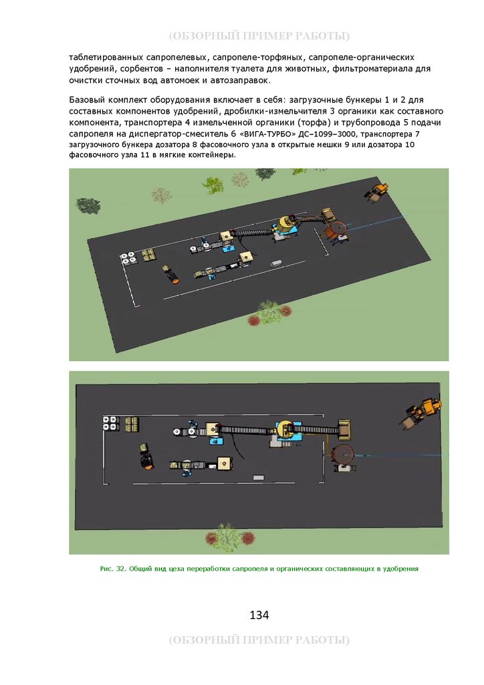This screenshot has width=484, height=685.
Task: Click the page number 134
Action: (259, 615)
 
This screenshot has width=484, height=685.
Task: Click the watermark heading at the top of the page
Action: (259, 36)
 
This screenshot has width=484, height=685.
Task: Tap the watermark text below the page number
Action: (259, 640)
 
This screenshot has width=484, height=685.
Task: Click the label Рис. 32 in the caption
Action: (112, 569)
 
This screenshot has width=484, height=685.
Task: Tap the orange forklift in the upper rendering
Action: (170, 274)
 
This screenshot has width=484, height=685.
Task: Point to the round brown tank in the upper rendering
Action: (336, 229)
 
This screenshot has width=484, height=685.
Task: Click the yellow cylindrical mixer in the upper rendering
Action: (286, 223)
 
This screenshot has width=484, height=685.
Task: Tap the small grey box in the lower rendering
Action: (258, 478)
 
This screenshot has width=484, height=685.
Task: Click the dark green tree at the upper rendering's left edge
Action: (88, 205)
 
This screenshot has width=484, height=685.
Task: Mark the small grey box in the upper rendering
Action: (276, 264)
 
